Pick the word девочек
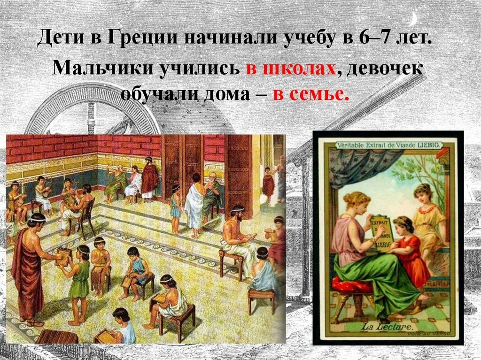[x=383, y=69]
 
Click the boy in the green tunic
[x=80, y=282]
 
